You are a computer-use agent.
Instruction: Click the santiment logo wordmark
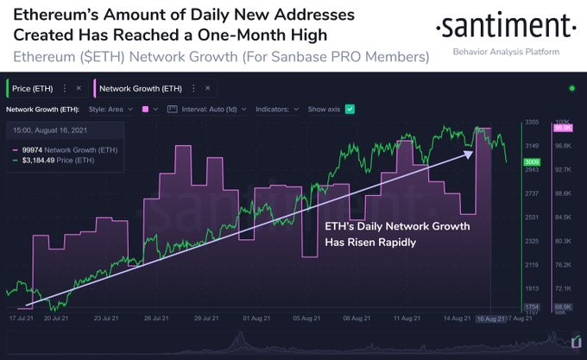click(x=502, y=28)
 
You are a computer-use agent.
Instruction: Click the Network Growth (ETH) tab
click(x=139, y=88)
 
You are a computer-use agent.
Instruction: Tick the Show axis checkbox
click(x=350, y=110)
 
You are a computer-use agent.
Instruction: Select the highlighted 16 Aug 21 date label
click(x=489, y=319)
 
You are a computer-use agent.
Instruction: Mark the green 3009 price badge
click(x=532, y=161)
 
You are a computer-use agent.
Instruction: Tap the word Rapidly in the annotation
click(x=394, y=243)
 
